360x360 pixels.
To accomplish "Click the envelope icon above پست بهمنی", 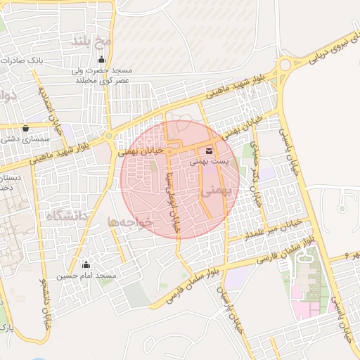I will coord(210,151).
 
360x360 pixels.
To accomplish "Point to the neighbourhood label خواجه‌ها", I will coord(130,221).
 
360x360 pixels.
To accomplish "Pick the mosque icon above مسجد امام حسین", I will coord(86,265).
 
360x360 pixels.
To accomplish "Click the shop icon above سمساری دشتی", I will coord(27,129).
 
